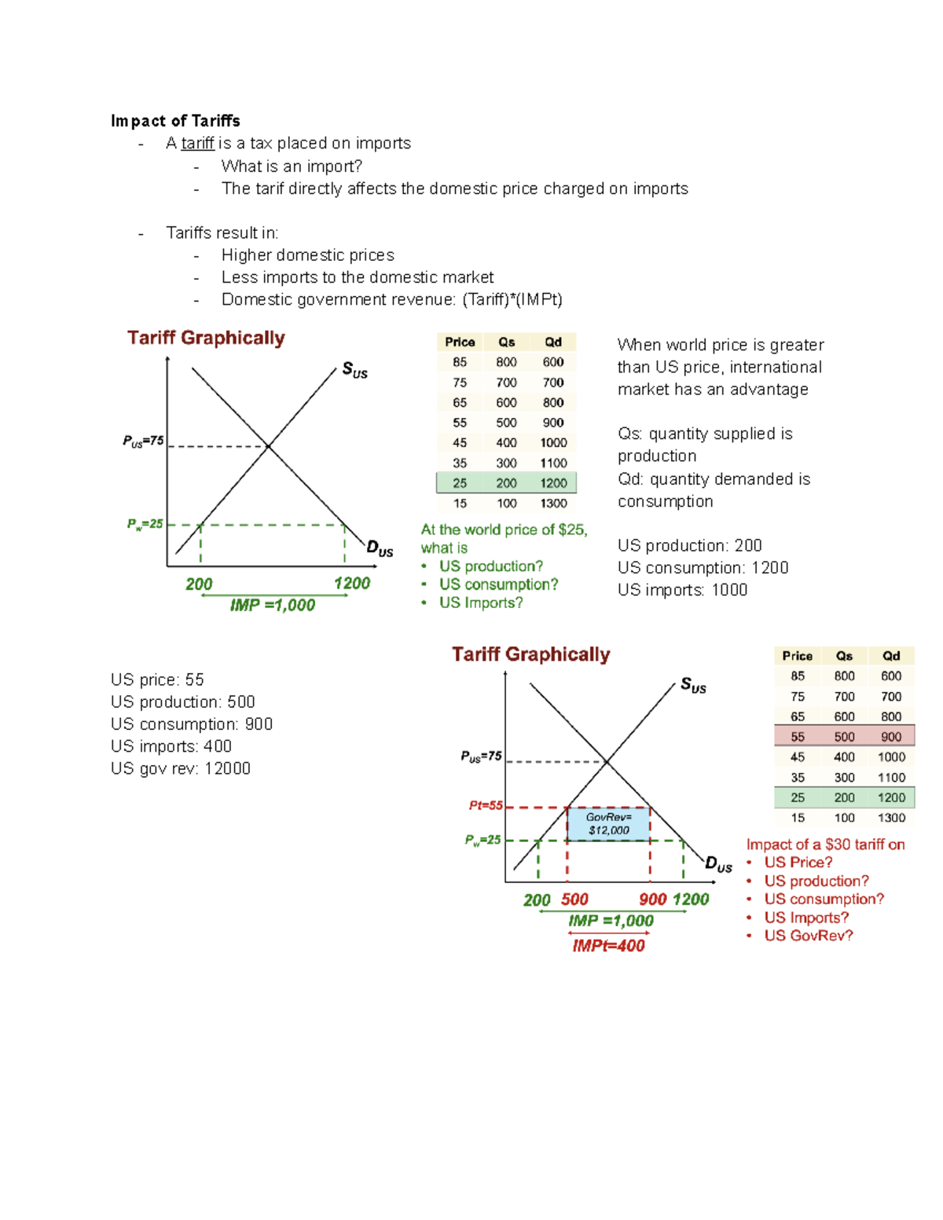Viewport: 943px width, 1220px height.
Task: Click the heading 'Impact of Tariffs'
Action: (175, 121)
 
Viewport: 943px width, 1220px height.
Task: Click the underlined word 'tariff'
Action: (197, 143)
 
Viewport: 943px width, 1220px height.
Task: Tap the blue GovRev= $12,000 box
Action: (609, 824)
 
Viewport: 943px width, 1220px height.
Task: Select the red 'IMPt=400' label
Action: (608, 946)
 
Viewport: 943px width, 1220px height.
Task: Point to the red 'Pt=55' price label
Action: (486, 805)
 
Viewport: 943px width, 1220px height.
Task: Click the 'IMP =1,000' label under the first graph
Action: (272, 605)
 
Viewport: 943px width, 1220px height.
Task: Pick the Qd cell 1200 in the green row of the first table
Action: (553, 483)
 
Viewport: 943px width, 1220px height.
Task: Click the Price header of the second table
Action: (797, 656)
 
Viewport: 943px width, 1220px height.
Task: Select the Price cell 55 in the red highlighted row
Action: (797, 737)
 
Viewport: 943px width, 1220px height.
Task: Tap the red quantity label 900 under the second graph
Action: (653, 899)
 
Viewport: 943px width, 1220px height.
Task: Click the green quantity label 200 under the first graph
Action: (199, 584)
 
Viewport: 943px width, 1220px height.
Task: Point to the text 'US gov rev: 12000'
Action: (181, 768)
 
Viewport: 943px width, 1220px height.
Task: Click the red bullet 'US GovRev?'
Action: (808, 936)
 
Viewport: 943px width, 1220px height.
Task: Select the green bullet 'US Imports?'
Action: (481, 603)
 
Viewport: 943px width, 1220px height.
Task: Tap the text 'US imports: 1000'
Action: (682, 590)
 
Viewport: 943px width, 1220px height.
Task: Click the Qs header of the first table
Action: (506, 342)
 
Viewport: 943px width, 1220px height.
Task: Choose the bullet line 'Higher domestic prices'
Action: (307, 255)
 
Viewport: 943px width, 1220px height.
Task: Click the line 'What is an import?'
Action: (292, 167)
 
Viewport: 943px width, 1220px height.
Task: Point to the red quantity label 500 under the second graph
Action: (574, 899)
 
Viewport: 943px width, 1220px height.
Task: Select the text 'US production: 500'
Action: (182, 702)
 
